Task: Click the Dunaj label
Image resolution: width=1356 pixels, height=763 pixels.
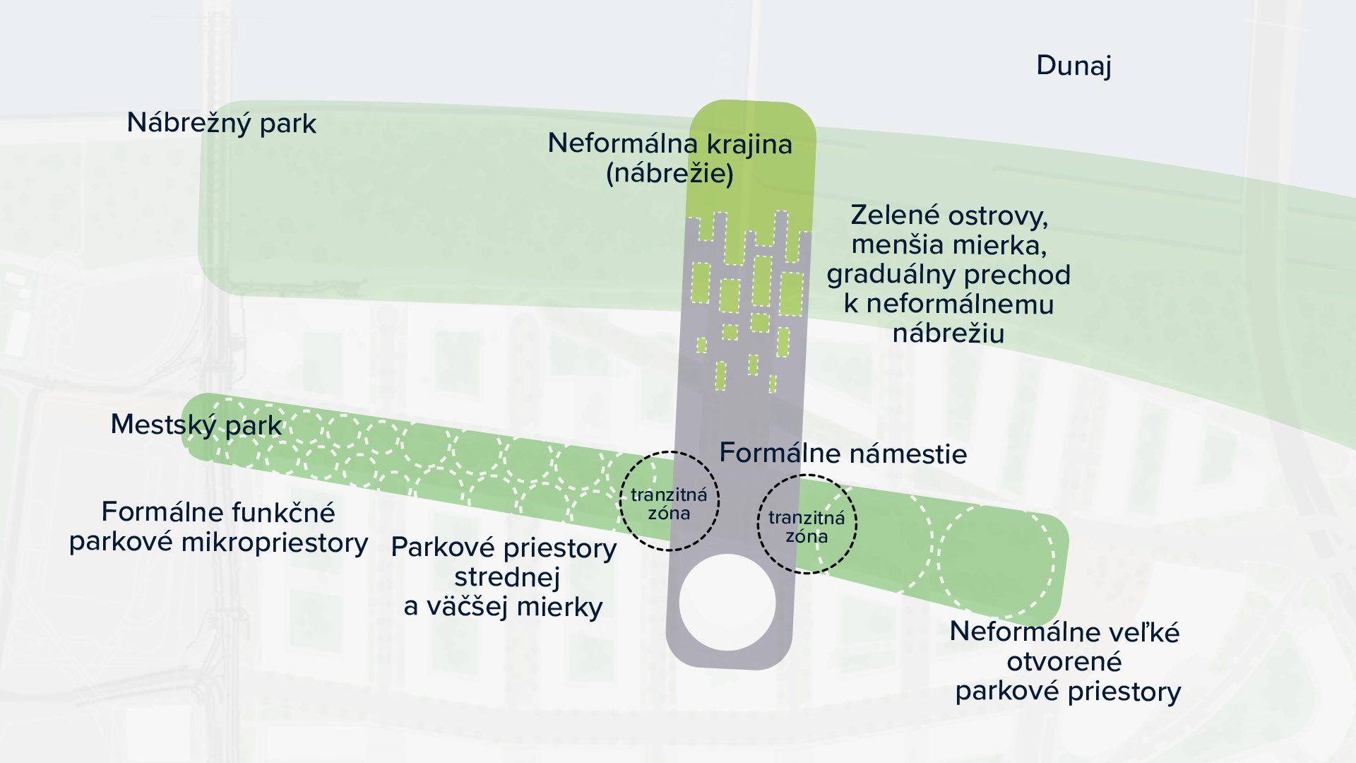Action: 1073,66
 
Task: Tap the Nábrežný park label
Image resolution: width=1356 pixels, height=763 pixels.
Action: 221,123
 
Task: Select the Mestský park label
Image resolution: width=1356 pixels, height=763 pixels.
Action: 196,425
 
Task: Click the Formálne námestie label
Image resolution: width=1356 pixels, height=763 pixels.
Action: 843,453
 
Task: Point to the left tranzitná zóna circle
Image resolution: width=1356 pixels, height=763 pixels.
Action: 669,502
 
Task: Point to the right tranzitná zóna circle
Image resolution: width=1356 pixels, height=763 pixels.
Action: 807,525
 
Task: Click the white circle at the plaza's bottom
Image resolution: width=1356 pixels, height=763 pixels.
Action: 727,602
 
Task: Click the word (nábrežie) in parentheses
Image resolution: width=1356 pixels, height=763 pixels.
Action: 670,173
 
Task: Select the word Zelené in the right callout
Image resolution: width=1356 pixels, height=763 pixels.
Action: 894,215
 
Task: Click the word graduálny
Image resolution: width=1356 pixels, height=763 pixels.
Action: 891,275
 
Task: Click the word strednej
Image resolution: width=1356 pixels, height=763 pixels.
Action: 506,577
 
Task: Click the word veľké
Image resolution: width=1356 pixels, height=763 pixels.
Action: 1143,632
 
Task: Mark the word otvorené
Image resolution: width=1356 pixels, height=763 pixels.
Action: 1064,662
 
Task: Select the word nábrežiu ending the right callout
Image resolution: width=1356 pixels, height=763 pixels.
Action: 948,333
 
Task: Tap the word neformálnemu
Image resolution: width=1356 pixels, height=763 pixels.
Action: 959,304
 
